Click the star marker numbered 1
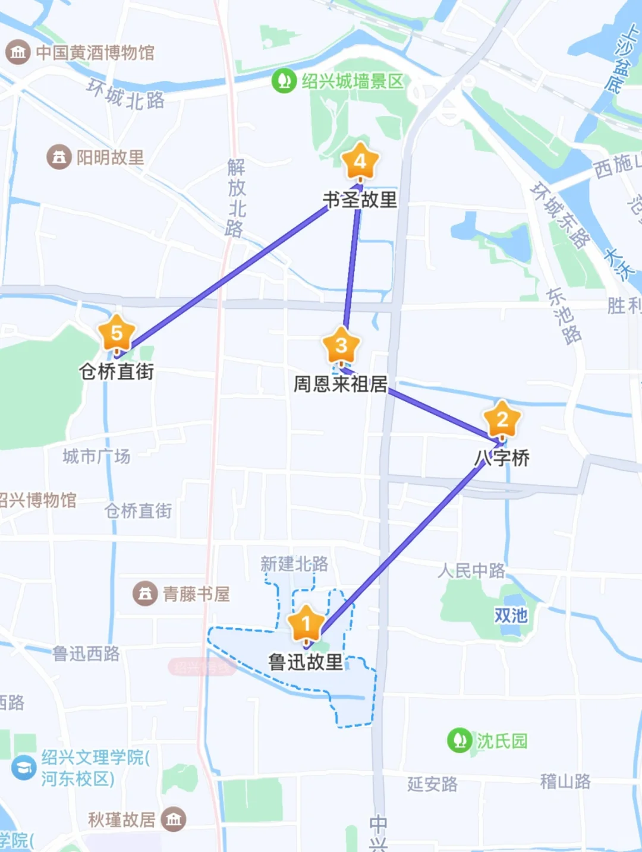tap(306, 624)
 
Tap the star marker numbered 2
tap(502, 419)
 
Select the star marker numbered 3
tap(341, 345)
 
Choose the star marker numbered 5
tap(117, 333)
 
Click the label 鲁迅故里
tap(306, 662)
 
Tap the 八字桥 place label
tap(502, 457)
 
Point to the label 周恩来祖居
tap(341, 384)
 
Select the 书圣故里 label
tap(360, 200)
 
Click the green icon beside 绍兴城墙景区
tap(284, 81)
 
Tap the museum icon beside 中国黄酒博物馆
tap(18, 52)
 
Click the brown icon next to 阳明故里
tap(59, 157)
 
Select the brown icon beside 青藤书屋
tap(145, 594)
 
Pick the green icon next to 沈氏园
tap(460, 740)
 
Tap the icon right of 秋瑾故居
tap(174, 820)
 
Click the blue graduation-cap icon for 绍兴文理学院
tap(24, 767)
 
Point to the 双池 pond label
tap(511, 616)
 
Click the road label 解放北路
tap(236, 198)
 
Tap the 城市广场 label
tap(96, 456)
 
